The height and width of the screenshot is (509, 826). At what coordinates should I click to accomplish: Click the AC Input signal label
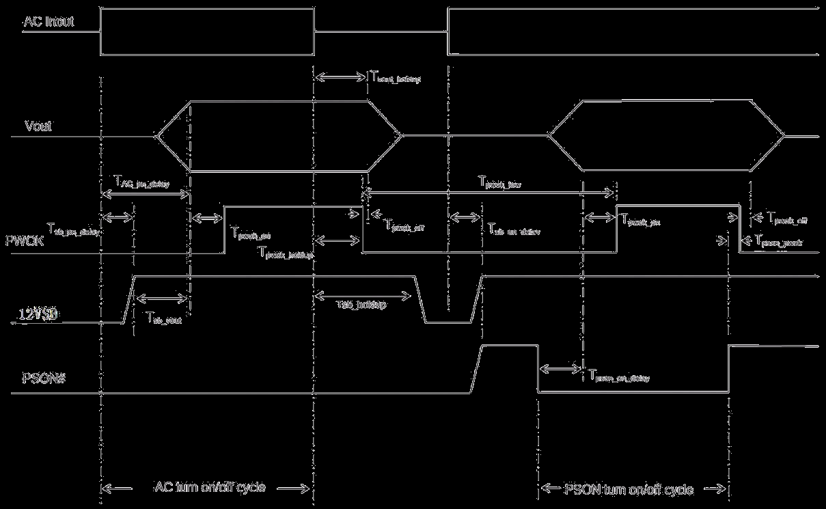click(49, 22)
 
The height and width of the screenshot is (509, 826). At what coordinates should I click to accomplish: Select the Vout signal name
click(38, 126)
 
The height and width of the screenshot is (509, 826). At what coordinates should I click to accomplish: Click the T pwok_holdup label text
click(286, 252)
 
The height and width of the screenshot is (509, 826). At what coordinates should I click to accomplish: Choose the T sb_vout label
click(164, 318)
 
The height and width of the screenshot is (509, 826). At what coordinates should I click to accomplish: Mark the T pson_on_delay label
click(618, 376)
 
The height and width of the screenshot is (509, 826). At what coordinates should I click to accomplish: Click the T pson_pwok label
click(778, 241)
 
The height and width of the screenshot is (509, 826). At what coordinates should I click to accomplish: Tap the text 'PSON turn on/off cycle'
click(630, 489)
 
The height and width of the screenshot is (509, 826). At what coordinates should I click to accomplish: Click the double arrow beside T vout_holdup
click(340, 77)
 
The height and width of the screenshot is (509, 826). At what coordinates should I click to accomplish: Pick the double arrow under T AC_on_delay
click(145, 195)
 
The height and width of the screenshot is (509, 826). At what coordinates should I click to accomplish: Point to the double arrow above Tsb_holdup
click(361, 295)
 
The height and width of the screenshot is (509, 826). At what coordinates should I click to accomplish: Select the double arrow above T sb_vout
click(161, 298)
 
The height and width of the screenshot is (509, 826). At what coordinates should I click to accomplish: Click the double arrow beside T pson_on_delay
click(560, 369)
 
